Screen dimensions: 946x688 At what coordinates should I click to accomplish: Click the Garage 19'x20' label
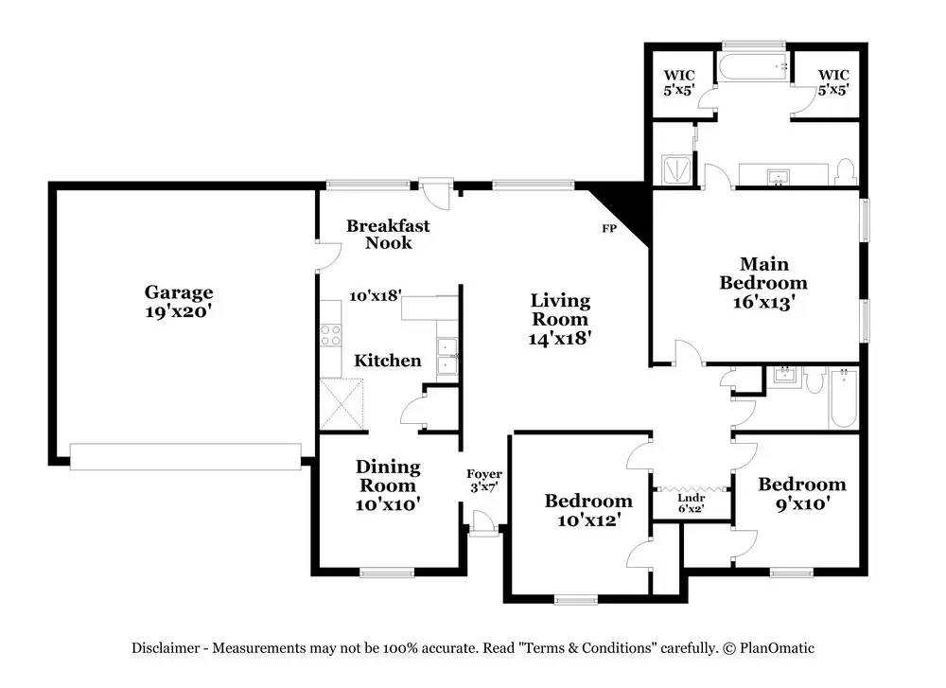179,301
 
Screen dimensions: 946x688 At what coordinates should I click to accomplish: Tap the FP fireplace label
609,229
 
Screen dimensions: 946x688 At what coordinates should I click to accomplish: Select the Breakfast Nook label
388,234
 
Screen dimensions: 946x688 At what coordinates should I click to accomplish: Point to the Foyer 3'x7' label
483,481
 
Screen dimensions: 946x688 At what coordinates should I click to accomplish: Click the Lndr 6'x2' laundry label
691,503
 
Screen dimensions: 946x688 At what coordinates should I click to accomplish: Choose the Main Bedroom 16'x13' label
763,282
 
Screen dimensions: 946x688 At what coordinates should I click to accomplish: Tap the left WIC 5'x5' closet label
679,82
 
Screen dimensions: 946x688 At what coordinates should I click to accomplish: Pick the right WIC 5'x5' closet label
833,82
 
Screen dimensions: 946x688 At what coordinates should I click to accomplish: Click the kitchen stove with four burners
330,335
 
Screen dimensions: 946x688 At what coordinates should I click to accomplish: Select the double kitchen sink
447,358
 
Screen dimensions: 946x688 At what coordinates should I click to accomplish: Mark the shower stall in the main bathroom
678,169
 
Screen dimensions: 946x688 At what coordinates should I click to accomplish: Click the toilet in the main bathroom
846,172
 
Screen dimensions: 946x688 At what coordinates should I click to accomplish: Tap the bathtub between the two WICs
754,66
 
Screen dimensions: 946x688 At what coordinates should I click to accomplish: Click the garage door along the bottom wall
185,456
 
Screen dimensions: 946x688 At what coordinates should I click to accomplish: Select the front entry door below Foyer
484,523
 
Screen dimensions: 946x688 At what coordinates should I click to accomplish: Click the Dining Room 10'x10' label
388,485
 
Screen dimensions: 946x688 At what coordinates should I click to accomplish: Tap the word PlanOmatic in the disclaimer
777,648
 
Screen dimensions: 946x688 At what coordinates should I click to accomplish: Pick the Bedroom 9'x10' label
802,493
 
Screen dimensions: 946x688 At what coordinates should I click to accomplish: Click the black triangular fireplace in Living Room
624,208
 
